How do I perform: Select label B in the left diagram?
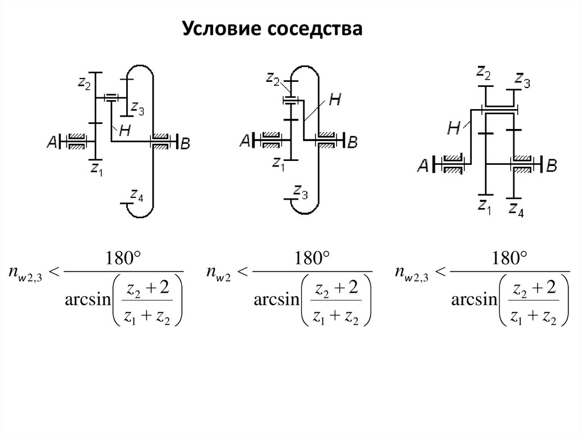point(185,144)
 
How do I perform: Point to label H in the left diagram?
point(124,130)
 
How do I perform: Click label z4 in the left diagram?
point(136,197)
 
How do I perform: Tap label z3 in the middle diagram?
point(301,195)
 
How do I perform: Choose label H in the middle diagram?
point(335,100)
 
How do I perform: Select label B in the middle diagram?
point(352,142)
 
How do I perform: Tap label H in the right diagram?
point(454,128)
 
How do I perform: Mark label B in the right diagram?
point(551,165)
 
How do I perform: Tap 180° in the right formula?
point(509,260)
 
